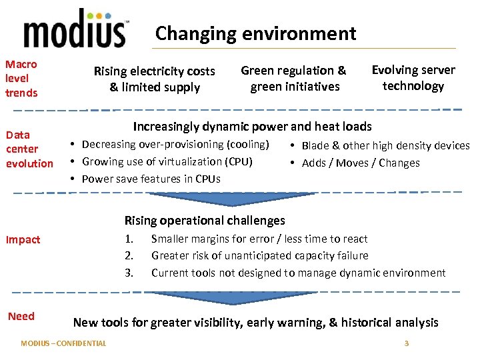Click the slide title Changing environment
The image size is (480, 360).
tap(255, 33)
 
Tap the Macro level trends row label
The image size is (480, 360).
tap(21, 78)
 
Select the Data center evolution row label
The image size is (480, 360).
tap(29, 149)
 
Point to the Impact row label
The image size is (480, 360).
tap(23, 239)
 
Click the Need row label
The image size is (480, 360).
tap(21, 316)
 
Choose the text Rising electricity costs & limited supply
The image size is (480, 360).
tap(155, 79)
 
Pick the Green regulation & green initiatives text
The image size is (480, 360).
tap(293, 78)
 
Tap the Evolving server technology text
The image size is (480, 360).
tap(413, 77)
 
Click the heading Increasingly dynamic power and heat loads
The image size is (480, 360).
tap(252, 126)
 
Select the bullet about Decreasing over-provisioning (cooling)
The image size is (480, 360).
tap(175, 145)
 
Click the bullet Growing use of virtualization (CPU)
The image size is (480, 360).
tap(167, 161)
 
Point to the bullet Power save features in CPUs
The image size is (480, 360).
tap(151, 179)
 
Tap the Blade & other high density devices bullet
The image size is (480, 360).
tap(385, 145)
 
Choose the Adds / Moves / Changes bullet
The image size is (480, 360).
tap(361, 163)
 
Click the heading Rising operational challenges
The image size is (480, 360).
tap(205, 220)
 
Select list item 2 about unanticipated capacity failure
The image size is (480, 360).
tap(259, 255)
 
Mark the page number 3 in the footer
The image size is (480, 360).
tap(406, 343)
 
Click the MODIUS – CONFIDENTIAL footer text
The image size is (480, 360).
tap(63, 343)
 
